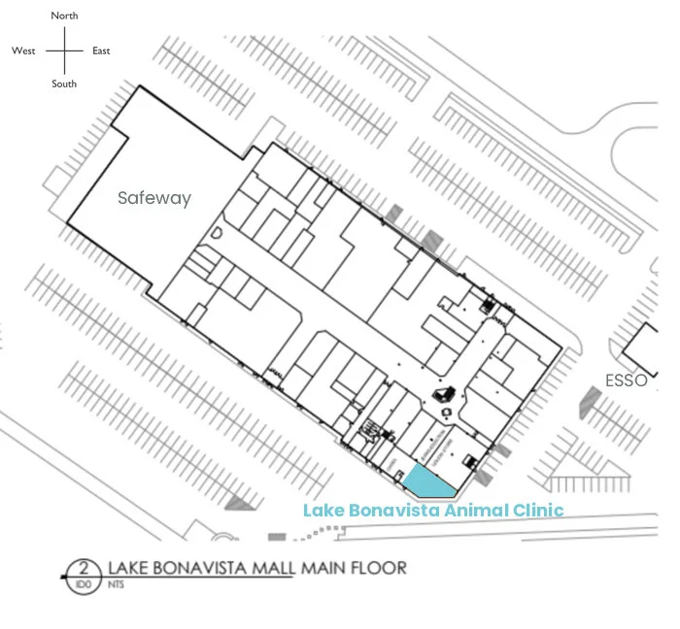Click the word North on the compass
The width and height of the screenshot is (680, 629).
(x=65, y=16)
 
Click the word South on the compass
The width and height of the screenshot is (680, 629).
(x=64, y=84)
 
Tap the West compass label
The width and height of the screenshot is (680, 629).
(x=23, y=50)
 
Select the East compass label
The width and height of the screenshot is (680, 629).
(x=101, y=50)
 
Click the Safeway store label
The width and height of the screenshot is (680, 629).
(x=154, y=198)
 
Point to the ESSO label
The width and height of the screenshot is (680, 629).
(x=626, y=381)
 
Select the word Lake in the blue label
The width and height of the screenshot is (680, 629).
(x=322, y=510)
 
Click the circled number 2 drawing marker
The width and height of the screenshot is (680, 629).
(x=85, y=569)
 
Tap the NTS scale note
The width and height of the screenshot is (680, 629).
(x=117, y=584)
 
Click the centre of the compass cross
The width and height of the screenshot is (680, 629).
(x=64, y=50)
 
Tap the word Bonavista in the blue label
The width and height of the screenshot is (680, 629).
(x=384, y=510)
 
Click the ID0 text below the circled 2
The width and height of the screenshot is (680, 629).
(x=85, y=584)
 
